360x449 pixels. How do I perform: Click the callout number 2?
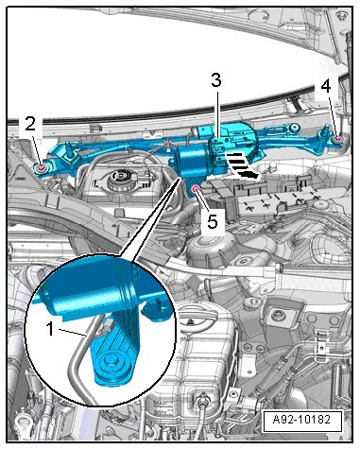coord(30,125)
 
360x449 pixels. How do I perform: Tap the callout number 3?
coord(216,80)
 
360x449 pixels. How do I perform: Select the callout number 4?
coord(326,86)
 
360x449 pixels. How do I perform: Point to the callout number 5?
coord(213,221)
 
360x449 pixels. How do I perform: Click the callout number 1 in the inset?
coord(50,329)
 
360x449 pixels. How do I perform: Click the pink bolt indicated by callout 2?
coord(42,168)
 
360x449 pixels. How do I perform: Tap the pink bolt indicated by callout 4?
coord(338,140)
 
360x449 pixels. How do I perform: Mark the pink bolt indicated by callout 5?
coord(195,190)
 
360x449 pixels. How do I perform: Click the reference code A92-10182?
coord(301,420)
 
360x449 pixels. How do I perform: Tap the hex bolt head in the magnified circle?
coord(111,359)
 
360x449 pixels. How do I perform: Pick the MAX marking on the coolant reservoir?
coord(160,404)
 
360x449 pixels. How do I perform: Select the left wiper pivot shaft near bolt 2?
coord(68,148)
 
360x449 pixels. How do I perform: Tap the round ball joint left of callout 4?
coord(295,128)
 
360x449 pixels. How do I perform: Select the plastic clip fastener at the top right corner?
coord(340,15)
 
